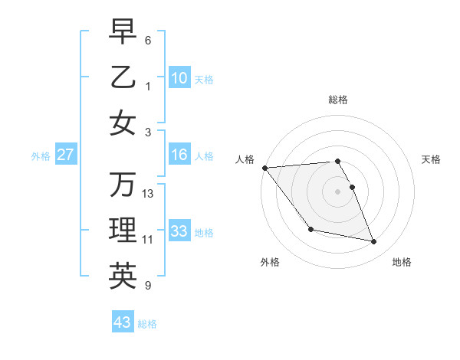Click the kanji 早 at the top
[x=123, y=32]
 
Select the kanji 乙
[x=123, y=77]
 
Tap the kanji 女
[x=123, y=123]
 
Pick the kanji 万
[x=123, y=185]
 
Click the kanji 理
[x=123, y=231]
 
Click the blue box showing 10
[x=179, y=78]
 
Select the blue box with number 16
[x=179, y=155]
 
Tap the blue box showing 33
[x=179, y=231]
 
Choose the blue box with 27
[x=66, y=155]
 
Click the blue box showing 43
[x=122, y=322]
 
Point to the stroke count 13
[x=148, y=194]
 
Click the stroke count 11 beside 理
[x=148, y=240]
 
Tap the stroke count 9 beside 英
[x=148, y=286]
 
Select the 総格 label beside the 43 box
[x=147, y=324]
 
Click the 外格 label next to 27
[x=41, y=156]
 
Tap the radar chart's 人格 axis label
[x=245, y=159]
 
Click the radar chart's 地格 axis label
[x=402, y=262]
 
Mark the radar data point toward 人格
[x=264, y=168]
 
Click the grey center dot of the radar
[x=337, y=191]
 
